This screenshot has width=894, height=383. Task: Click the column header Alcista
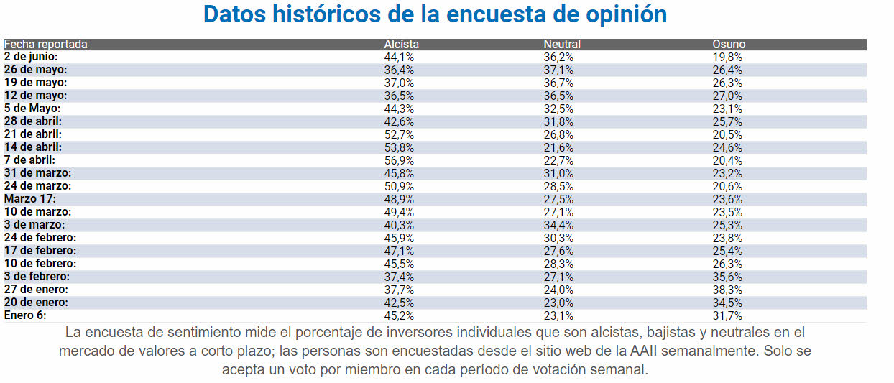(x=401, y=45)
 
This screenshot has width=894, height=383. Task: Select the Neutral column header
(x=562, y=45)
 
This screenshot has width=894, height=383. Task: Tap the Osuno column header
(x=729, y=45)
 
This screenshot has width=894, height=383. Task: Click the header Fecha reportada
(x=46, y=45)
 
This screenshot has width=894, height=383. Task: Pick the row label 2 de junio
(x=31, y=57)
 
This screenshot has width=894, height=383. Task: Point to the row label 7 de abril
(x=29, y=160)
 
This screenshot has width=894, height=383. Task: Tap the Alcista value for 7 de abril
(x=399, y=160)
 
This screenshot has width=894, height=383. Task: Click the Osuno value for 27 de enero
(x=727, y=290)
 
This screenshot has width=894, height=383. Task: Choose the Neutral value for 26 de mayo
(x=558, y=70)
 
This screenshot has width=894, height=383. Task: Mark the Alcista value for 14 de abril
(x=399, y=147)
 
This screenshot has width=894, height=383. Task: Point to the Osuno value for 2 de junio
(x=727, y=57)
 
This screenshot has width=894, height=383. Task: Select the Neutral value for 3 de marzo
(x=558, y=225)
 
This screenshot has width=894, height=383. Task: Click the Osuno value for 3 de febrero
(x=727, y=277)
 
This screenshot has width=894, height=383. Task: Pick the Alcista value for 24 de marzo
(x=399, y=186)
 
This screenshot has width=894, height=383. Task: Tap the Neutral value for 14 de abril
(x=558, y=147)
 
